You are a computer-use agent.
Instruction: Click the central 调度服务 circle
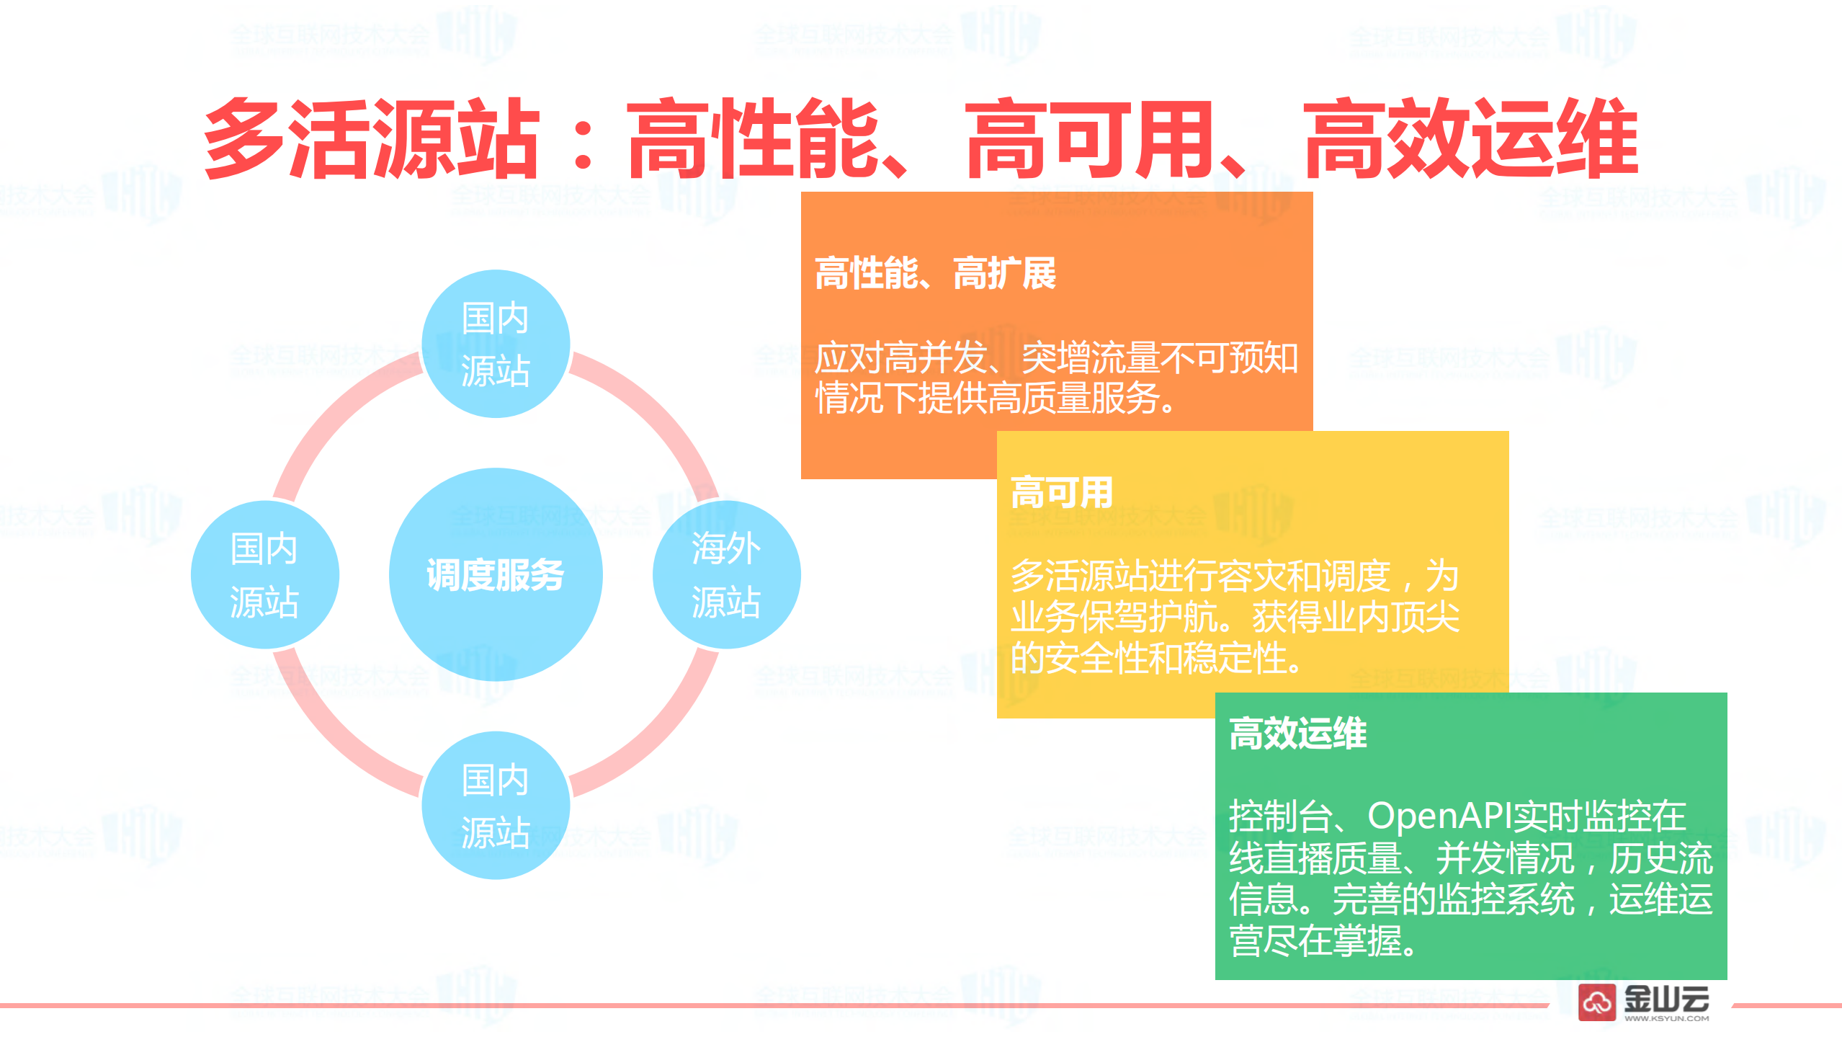pos(496,574)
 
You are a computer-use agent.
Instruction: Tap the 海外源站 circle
pos(726,574)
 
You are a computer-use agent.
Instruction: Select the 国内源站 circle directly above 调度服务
pos(496,344)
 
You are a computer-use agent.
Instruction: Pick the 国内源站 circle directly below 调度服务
pos(496,805)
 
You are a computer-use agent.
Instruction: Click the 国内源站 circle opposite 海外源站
pos(264,574)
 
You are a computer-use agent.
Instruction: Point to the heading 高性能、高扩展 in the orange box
pos(934,274)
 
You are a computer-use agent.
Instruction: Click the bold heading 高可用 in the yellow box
pos(1062,493)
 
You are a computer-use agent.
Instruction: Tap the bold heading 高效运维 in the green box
pos(1297,734)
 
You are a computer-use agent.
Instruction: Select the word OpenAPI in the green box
pos(1439,816)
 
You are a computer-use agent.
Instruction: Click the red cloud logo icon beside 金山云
pos(1597,1002)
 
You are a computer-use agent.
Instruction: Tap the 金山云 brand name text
pos(1666,998)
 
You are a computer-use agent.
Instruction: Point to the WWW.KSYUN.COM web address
pos(1666,1018)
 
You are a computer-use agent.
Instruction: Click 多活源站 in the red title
pos(371,138)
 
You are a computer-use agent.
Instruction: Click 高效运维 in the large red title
pos(1470,138)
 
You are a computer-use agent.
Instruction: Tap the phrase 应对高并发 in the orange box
pos(900,357)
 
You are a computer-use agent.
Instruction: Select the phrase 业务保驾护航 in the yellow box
pos(1113,617)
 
